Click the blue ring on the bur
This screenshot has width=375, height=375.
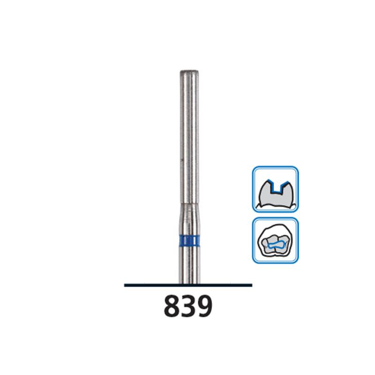coord(189,242)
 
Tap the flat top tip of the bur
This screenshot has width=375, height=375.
coord(189,72)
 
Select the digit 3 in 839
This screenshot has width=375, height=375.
coord(188,307)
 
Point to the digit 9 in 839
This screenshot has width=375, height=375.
coord(205,307)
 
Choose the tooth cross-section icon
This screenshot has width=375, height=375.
coord(275,189)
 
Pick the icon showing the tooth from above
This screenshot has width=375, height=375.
coord(275,240)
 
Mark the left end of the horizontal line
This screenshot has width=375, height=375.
coord(125,285)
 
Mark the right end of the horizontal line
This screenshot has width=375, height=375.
coord(251,285)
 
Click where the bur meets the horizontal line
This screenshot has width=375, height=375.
coord(189,284)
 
